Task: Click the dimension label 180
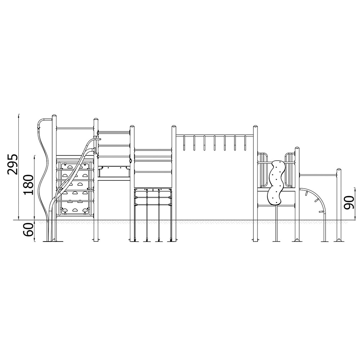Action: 28,185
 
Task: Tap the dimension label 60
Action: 28,230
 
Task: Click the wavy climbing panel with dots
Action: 276,183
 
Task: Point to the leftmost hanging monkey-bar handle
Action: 184,143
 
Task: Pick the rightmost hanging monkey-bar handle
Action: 245,143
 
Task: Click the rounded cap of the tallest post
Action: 54,116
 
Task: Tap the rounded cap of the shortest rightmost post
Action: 339,170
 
